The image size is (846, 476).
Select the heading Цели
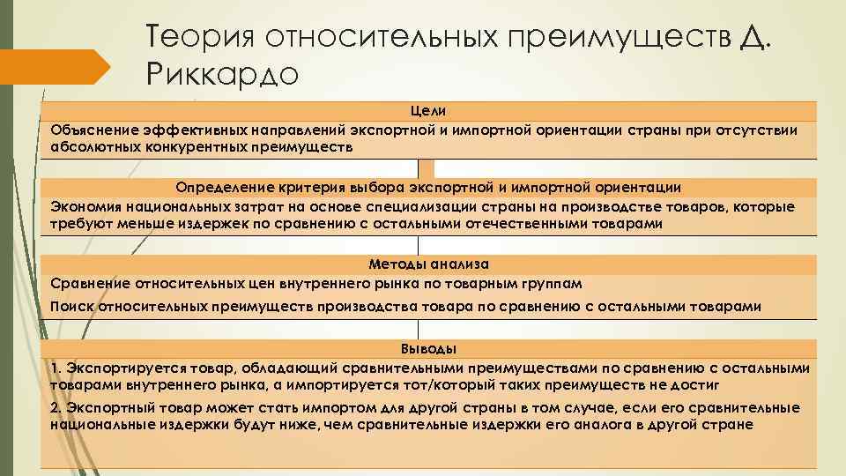coord(427,111)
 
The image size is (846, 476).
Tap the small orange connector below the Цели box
coord(427,168)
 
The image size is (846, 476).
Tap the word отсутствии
coord(758,130)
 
